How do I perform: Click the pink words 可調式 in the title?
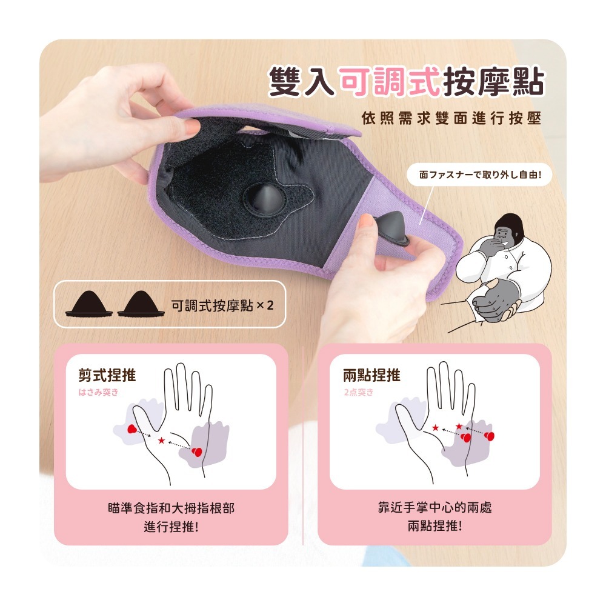point(390,82)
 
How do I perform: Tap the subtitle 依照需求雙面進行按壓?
point(451,118)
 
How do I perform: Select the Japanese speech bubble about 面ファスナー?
point(479,175)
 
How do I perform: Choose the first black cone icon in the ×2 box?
point(89,304)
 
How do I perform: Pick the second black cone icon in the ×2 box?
point(141,304)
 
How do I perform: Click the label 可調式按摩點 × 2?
point(222,305)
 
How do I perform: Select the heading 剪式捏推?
point(107,375)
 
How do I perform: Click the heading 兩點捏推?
point(372,375)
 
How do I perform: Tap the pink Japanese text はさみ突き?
point(98,392)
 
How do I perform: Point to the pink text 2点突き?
point(359,392)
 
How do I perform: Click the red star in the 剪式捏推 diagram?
point(162,440)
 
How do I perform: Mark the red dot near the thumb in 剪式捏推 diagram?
point(132,428)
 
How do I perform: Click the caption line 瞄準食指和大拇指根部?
point(171,508)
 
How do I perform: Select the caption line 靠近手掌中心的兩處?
point(435,507)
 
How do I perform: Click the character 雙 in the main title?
point(285,82)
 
